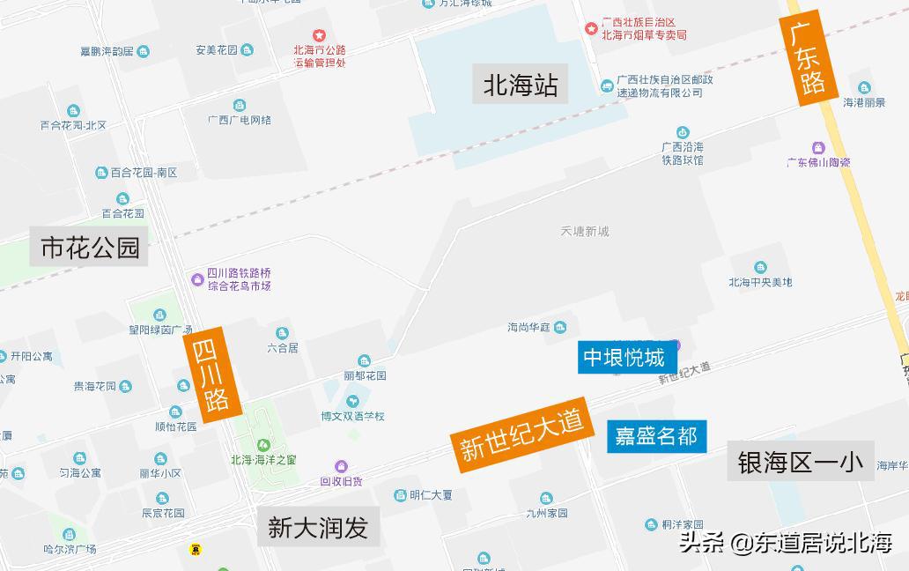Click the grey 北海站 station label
[521, 85]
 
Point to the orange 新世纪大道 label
[521, 435]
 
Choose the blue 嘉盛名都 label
[656, 435]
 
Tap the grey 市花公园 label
[90, 247]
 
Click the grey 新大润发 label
[318, 527]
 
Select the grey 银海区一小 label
[800, 461]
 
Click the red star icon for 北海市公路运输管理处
[319, 37]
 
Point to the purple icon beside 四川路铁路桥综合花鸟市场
[197, 280]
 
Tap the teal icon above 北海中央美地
[760, 268]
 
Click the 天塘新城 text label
[585, 232]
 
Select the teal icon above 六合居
[282, 333]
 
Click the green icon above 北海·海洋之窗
[262, 444]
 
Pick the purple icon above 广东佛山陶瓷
[818, 147]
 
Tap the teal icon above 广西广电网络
[240, 106]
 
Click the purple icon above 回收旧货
[341, 466]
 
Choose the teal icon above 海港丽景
[864, 87]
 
